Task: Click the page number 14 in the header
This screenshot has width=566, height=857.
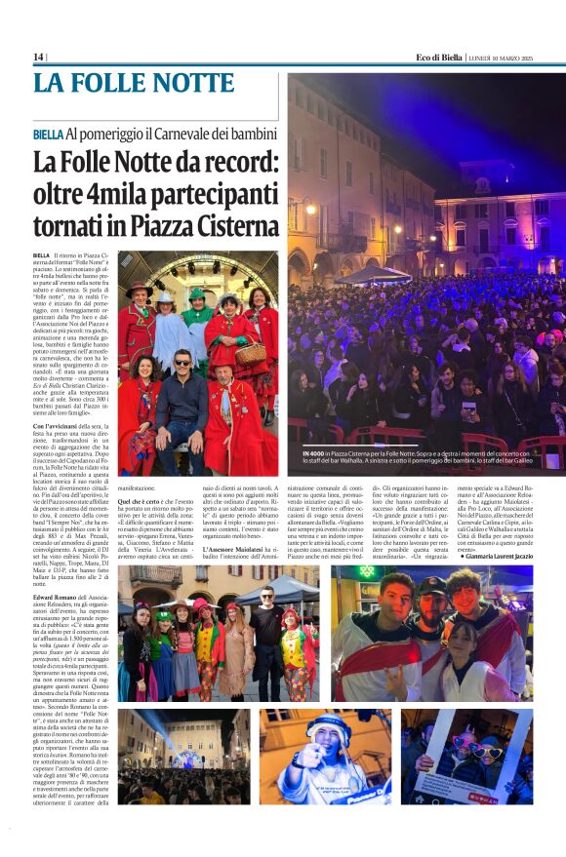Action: pyautogui.click(x=38, y=57)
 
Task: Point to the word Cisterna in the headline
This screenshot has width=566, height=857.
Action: pyautogui.click(x=217, y=229)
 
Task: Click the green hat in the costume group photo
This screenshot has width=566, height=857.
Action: pyautogui.click(x=197, y=292)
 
